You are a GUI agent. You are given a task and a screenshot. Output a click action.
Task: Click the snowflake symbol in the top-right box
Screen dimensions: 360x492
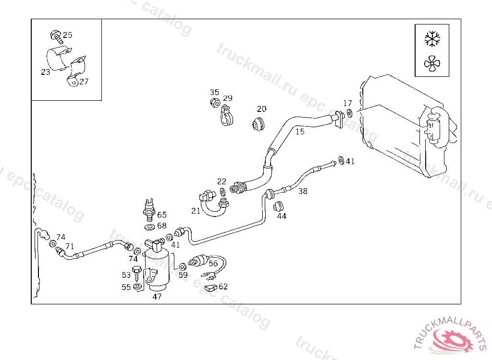click(432, 39)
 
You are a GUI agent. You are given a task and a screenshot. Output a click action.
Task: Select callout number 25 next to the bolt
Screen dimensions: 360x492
click(68, 35)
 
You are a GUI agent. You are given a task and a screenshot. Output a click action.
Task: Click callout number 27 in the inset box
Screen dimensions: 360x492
click(84, 82)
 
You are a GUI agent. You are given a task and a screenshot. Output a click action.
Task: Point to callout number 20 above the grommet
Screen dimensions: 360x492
click(261, 109)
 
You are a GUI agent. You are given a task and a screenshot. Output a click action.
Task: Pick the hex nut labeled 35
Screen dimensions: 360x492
click(215, 102)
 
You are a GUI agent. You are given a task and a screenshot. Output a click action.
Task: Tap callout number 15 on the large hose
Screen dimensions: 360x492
click(300, 131)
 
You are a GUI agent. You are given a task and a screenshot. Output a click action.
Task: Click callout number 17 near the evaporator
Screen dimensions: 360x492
click(347, 103)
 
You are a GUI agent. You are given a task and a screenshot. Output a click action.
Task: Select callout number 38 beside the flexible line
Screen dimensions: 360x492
click(303, 191)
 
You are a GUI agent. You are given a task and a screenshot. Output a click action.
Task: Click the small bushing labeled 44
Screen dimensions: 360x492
click(278, 207)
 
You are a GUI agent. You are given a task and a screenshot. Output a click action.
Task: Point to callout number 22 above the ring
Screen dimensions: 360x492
click(221, 181)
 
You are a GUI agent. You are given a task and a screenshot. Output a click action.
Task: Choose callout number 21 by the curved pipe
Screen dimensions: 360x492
click(196, 211)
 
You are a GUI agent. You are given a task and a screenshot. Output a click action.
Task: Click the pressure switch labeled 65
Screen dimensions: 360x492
click(149, 209)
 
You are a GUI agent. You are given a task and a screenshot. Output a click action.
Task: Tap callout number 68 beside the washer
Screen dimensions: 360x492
click(162, 226)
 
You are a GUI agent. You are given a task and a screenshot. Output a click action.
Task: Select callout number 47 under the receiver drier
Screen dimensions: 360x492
click(157, 297)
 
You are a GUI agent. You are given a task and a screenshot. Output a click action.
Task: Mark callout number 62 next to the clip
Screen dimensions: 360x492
click(223, 287)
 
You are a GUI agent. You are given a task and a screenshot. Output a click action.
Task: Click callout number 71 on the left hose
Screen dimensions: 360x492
click(70, 246)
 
